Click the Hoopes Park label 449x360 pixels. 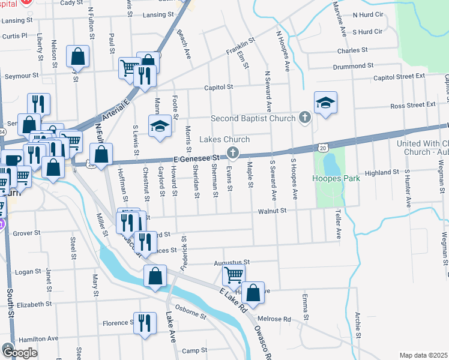coord(331,179)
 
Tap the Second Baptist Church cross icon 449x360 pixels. coord(305,118)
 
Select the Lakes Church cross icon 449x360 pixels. coord(232,154)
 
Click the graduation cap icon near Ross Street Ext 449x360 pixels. coord(325,103)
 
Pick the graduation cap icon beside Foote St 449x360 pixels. coord(160,127)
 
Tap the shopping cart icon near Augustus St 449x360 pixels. coord(233,275)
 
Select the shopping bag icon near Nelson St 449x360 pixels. coord(79,57)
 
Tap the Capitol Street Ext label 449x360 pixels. coord(399,77)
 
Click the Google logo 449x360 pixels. coord(19,353)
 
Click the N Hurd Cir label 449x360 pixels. coord(368,14)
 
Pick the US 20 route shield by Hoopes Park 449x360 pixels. coord(324,146)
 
